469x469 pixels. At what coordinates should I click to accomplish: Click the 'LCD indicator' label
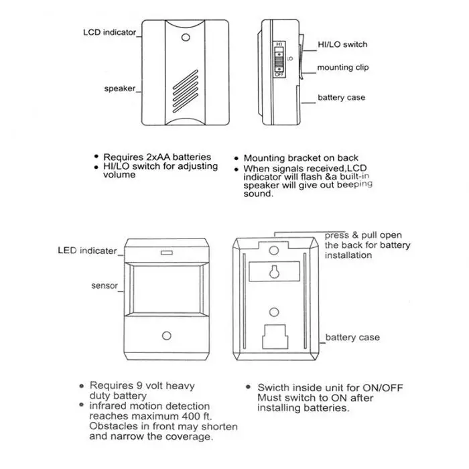click(110, 32)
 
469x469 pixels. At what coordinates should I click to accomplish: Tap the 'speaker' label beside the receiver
click(119, 88)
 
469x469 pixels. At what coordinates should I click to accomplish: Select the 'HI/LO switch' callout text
click(343, 44)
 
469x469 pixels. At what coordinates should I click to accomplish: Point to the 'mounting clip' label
click(342, 68)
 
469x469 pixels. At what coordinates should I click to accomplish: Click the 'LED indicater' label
click(87, 251)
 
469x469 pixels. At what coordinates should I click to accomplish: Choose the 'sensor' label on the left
click(105, 286)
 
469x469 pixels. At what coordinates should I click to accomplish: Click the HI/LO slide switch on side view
click(279, 60)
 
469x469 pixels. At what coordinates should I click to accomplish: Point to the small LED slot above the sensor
click(165, 253)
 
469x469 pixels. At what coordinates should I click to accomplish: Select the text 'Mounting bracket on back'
click(301, 158)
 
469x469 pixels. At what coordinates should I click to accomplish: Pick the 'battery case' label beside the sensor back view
click(352, 338)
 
